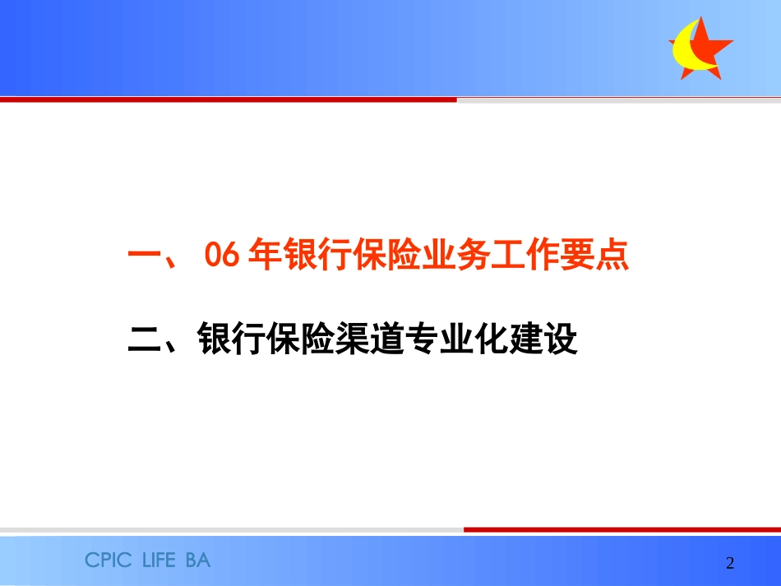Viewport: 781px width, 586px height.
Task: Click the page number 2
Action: [x=730, y=563]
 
